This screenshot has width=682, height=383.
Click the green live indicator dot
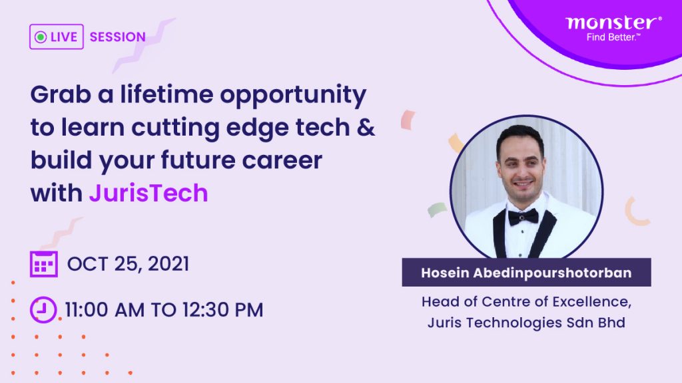tap(41, 37)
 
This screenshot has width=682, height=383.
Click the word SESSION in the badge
tap(117, 37)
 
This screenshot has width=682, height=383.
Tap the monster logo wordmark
tap(613, 23)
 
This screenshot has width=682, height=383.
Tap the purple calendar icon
tap(44, 264)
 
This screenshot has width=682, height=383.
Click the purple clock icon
tap(44, 309)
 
